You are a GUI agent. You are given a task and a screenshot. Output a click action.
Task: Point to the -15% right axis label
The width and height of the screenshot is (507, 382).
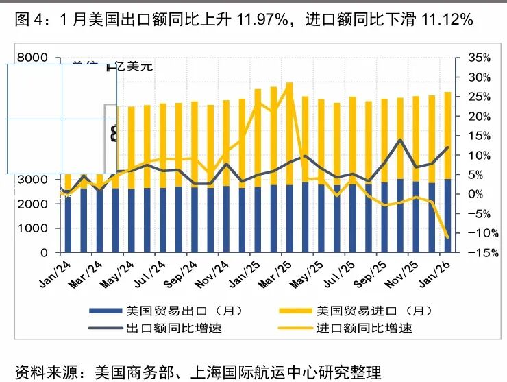[x=480, y=252]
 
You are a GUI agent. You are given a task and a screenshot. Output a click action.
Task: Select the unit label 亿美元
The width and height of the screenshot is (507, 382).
[x=134, y=67]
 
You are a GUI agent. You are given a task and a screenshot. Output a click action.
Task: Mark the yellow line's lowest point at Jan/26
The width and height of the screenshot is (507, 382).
[x=447, y=237]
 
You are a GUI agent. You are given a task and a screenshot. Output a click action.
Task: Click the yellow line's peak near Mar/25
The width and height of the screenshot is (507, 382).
[x=289, y=84]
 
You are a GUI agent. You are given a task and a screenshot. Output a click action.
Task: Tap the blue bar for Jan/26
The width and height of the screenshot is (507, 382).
[x=447, y=215]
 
